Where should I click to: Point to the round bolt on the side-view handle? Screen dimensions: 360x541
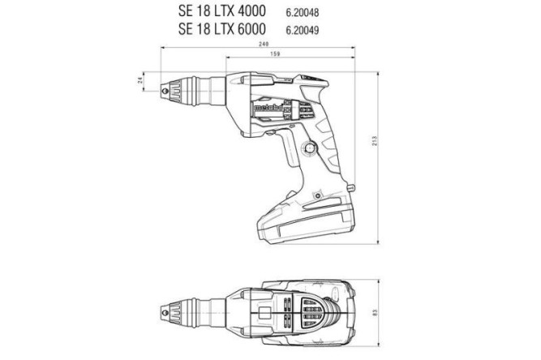[x=311, y=148]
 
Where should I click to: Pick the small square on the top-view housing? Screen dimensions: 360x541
[x=264, y=311]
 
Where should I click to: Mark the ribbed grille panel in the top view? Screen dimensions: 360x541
[x=309, y=311]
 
